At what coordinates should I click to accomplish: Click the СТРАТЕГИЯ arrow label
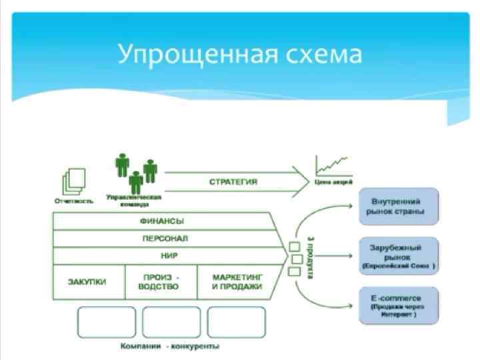[x=233, y=181]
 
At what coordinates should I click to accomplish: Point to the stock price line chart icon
[x=333, y=164]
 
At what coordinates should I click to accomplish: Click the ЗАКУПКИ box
[x=87, y=281]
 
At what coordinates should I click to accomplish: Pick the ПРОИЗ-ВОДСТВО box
[x=161, y=281]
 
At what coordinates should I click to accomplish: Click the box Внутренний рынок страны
[x=399, y=207]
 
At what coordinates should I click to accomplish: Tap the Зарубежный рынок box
[x=399, y=255]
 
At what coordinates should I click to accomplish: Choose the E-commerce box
[x=399, y=305]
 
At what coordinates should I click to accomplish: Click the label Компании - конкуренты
[x=170, y=347]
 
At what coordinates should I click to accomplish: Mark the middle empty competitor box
[x=169, y=322]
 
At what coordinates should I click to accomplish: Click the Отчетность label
[x=74, y=199]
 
